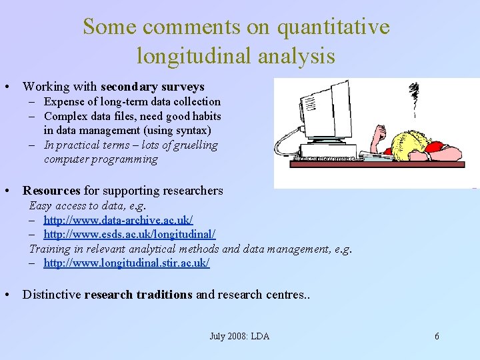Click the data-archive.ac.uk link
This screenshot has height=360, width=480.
[x=118, y=220]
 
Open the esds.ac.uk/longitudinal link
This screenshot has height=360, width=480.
[x=129, y=235]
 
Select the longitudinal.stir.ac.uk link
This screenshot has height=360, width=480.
[x=126, y=263]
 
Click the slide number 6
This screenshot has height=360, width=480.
[x=437, y=336]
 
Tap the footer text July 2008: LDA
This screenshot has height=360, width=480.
[x=239, y=336]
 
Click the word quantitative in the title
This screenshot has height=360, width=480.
[x=333, y=27]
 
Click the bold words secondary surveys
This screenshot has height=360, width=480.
[x=152, y=87]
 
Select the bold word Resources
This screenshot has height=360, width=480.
[x=51, y=191]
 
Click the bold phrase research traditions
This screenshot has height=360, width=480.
[x=139, y=295]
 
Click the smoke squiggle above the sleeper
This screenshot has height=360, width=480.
[x=414, y=97]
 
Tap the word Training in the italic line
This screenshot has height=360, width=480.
[x=49, y=249]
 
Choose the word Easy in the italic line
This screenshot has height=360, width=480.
[x=41, y=205]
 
